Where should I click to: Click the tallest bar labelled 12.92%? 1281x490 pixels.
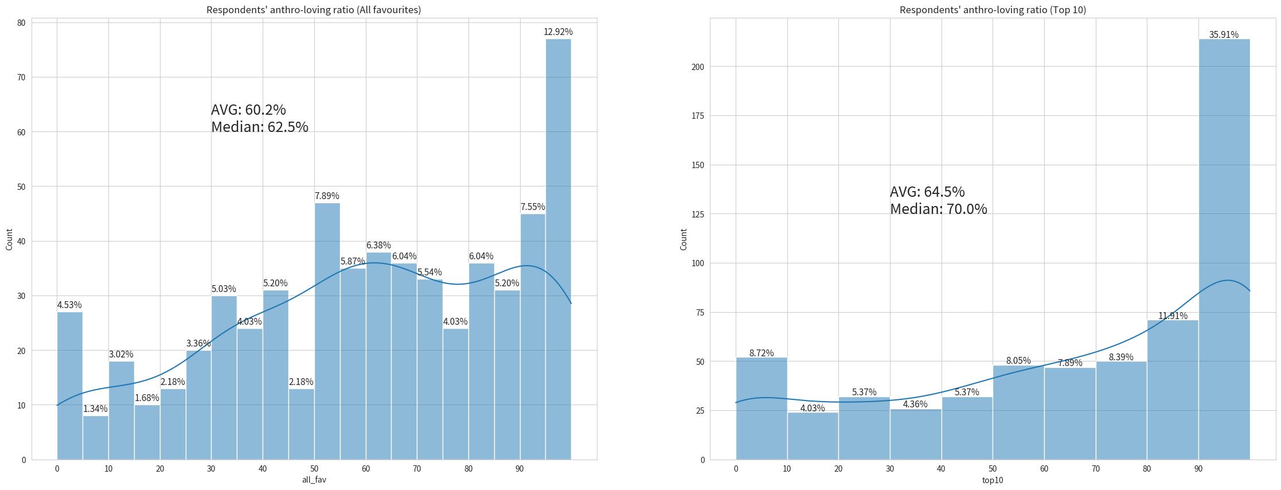point(558,247)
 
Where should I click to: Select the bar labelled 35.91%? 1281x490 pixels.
point(1224,247)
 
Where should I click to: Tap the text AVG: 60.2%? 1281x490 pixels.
point(248,110)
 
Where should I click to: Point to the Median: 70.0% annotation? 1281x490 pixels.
point(938,209)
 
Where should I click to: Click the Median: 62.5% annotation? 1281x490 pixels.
point(259,127)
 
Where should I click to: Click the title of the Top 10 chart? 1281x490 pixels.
point(992,10)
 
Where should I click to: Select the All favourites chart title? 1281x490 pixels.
point(314,10)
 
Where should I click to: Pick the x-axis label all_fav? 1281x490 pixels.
point(314,480)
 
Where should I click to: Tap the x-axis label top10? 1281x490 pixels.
point(992,480)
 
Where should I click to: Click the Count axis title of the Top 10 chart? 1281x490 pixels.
point(684,239)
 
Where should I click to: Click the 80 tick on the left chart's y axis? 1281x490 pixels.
point(21,23)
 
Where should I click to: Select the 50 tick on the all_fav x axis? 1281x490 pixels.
point(314,469)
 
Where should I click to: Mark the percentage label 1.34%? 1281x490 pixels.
point(95,409)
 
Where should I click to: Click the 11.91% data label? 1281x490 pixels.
point(1173,316)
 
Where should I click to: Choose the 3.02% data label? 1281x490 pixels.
point(121,354)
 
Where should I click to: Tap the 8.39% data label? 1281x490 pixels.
point(1121,357)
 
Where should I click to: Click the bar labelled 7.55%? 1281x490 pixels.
point(533,336)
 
